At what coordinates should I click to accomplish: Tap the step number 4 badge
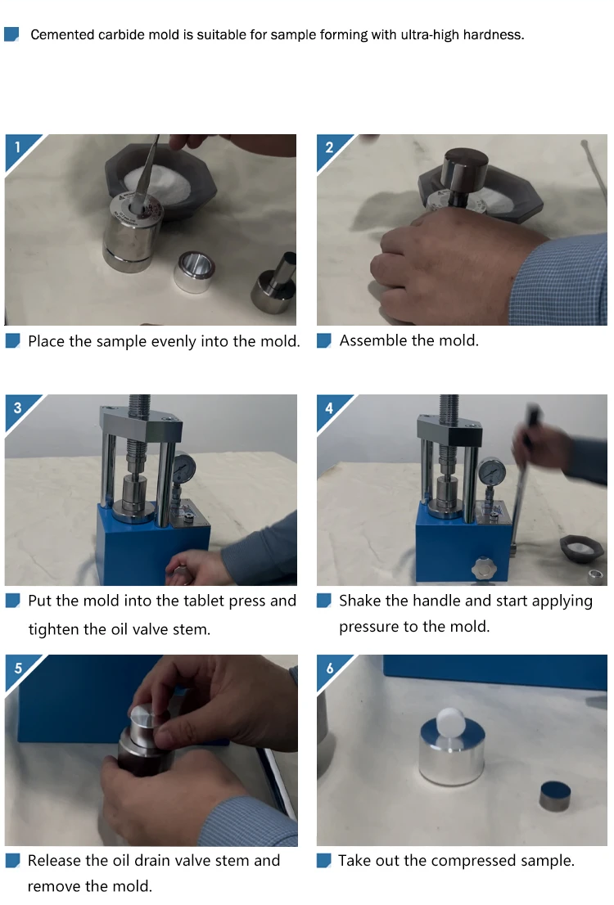(330, 408)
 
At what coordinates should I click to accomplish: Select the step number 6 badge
(330, 669)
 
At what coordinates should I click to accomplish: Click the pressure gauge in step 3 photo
(184, 467)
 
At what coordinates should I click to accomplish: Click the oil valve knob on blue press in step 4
(483, 569)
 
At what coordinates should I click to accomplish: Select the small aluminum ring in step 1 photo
(194, 272)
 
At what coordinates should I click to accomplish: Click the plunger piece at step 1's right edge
(274, 284)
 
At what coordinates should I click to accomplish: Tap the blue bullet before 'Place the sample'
(13, 340)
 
